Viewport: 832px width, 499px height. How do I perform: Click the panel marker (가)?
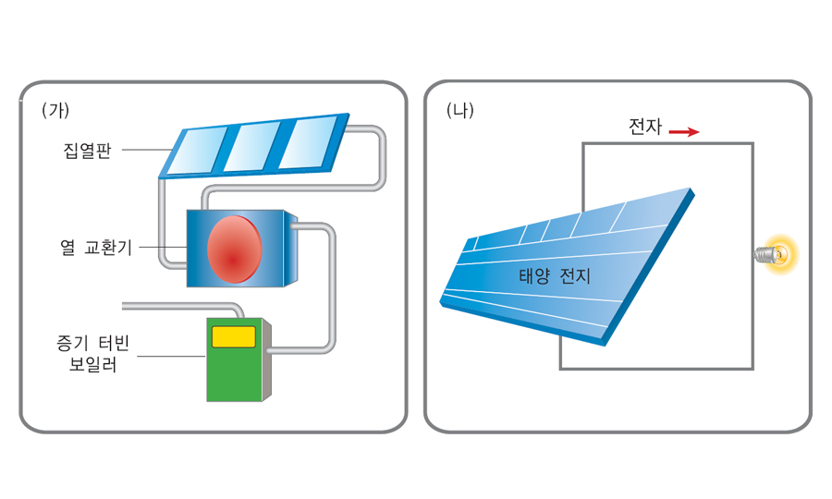pos(55,110)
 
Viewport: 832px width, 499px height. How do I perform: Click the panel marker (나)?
pos(459,112)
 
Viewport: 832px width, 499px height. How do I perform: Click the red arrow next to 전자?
pos(684,132)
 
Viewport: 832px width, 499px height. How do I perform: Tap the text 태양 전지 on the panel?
pos(555,275)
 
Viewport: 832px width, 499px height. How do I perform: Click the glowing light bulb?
pos(778,253)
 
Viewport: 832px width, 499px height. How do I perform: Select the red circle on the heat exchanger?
pos(235,249)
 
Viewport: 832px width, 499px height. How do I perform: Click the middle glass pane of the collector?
pos(254,145)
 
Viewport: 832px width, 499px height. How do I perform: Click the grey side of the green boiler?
pos(266,365)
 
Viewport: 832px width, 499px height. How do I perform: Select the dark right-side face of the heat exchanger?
pos(292,249)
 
